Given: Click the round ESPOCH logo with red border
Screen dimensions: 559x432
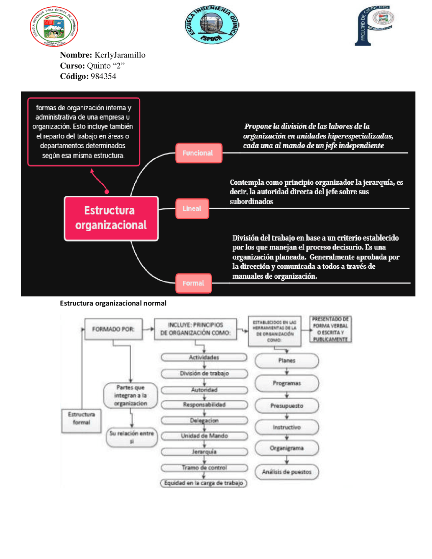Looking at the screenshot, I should [54, 26].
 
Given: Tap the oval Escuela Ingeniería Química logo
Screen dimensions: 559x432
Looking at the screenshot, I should [212, 25].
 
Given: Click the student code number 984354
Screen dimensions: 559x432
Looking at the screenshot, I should [103, 76].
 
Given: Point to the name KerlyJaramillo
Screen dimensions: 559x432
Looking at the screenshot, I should [120, 55].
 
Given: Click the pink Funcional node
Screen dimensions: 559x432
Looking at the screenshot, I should [198, 153].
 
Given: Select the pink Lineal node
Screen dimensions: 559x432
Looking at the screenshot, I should [192, 209].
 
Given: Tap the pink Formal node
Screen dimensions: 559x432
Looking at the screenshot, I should [193, 283].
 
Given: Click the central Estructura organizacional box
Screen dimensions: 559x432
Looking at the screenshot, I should [111, 218].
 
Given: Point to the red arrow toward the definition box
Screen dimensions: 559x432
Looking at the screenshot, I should [99, 181].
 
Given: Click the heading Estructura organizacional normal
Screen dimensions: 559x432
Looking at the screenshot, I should [113, 303].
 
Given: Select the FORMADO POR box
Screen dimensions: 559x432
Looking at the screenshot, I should [113, 329].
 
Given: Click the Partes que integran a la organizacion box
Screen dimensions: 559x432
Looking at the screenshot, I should [131, 395].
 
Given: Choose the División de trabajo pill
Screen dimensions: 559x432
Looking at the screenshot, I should [204, 373].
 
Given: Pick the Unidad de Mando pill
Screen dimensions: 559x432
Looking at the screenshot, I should [204, 436].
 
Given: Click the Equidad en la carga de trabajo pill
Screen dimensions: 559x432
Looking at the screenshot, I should [204, 483].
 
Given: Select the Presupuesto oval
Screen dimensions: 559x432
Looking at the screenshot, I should [287, 406].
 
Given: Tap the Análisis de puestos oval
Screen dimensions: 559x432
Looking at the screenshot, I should [287, 472].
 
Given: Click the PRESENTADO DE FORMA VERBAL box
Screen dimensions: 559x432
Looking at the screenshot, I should [330, 329].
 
